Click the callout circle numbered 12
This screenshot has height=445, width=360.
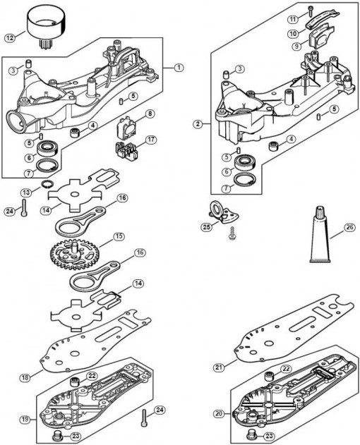click(10, 38)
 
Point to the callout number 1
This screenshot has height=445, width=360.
click(179, 68)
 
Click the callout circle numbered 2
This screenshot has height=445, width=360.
click(198, 123)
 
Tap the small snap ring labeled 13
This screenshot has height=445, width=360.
click(47, 184)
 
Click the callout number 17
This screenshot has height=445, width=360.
click(151, 140)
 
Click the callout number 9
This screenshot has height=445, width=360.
click(297, 46)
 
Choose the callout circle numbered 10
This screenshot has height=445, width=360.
click(293, 33)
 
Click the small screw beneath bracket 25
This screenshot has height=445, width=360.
click(233, 233)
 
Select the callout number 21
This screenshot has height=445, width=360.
click(219, 367)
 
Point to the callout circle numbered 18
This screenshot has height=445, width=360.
click(25, 378)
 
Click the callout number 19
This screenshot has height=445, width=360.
click(25, 420)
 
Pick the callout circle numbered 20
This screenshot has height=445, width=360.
click(218, 414)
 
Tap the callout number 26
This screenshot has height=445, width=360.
click(349, 228)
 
